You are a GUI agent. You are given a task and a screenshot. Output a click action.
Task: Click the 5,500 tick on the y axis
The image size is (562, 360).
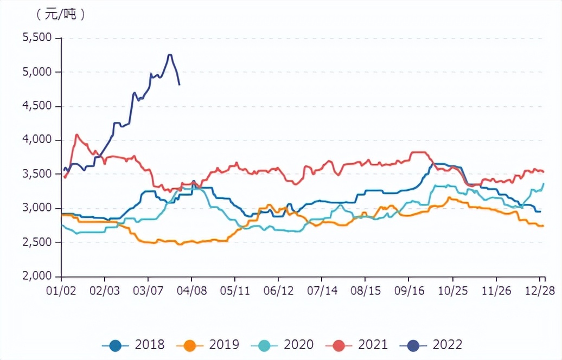point(36,38)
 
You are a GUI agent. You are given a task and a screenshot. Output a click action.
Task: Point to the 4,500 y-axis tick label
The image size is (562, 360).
point(36,106)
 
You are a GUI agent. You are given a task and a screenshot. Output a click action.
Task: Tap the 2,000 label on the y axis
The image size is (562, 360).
point(36,277)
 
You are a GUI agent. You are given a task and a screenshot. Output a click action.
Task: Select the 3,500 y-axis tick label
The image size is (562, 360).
point(36,174)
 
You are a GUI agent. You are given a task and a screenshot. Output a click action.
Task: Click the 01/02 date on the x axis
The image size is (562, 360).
point(61,291)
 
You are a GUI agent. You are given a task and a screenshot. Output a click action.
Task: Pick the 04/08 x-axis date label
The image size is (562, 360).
point(191,291)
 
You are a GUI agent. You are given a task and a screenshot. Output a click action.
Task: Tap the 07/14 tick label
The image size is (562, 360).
point(322,291)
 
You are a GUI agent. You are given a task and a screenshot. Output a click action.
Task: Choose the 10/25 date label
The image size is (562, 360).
point(453,291)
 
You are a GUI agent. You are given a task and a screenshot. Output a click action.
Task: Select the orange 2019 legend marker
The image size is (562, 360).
point(191,344)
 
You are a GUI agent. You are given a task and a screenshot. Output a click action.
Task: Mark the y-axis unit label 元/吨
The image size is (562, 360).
point(60,15)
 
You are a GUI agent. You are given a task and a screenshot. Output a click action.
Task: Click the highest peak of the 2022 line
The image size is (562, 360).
point(170,55)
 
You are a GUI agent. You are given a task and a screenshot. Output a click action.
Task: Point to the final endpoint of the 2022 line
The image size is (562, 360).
point(180,85)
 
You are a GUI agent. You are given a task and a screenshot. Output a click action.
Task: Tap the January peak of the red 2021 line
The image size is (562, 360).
point(76,134)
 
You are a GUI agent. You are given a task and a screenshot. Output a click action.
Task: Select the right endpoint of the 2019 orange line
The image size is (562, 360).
point(543,226)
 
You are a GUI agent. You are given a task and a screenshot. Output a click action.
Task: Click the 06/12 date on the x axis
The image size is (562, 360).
point(279,291)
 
